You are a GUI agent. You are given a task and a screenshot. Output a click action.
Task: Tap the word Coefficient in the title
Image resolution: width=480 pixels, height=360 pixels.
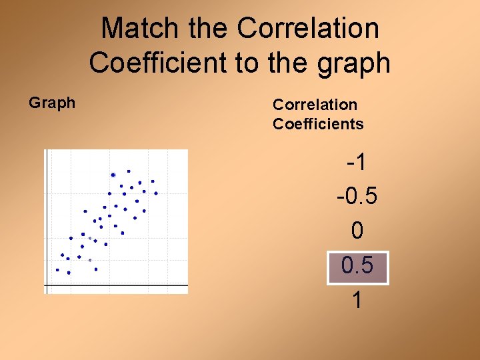[157, 63]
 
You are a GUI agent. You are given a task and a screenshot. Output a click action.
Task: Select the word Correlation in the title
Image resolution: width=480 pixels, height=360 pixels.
[308, 29]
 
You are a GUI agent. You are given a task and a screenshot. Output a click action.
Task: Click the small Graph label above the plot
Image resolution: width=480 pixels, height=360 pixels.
[52, 103]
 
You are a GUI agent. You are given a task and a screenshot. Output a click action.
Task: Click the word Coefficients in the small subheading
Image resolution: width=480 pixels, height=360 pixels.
[318, 124]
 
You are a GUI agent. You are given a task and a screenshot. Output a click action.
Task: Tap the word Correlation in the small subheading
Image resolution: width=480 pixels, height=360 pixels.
[315, 105]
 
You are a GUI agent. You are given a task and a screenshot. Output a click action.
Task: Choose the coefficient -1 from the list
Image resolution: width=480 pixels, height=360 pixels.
[357, 162]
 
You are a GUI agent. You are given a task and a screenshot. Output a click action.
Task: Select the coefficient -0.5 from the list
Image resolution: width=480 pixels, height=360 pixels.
[357, 197]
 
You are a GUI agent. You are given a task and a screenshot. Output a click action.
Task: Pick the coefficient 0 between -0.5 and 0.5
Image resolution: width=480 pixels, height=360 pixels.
[357, 231]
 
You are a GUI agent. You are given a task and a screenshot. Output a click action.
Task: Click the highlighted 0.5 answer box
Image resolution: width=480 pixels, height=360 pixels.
[357, 267]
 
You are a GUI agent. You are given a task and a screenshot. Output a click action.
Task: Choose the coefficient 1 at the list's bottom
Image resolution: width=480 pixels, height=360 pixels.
[357, 301]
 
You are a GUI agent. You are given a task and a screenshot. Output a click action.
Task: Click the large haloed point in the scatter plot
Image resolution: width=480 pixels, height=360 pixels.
[113, 175]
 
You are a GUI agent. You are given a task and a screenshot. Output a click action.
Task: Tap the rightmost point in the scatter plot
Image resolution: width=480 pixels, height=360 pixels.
[156, 193]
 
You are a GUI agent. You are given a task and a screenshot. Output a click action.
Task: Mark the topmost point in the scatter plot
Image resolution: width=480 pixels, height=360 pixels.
[129, 171]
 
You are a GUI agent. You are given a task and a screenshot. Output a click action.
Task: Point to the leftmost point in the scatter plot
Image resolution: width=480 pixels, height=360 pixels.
[57, 270]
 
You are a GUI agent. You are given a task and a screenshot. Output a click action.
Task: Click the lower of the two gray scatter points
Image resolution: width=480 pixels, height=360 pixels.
[90, 260]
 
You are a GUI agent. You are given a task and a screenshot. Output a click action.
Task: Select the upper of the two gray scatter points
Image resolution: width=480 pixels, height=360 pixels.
[90, 238]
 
